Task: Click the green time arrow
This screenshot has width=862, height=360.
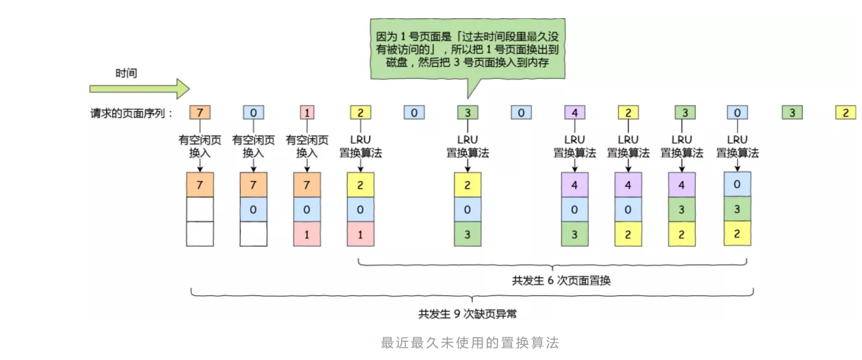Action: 139,89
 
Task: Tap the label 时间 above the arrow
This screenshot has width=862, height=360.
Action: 126,73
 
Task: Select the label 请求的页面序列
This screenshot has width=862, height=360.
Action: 131,113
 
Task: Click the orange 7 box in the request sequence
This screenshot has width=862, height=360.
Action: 200,113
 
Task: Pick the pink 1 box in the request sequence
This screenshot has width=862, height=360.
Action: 307,113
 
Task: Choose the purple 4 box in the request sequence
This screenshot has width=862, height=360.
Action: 575,113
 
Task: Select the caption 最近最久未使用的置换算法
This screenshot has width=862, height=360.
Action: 470,342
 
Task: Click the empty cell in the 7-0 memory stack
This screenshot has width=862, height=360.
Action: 253,234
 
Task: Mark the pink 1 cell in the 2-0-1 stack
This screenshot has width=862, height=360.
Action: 361,234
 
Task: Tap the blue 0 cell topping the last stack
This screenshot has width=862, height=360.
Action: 737,184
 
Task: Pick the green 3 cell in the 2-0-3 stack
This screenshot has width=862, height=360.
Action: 468,234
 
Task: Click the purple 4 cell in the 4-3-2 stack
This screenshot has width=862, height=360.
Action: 682,185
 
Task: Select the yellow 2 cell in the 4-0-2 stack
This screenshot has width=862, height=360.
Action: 628,234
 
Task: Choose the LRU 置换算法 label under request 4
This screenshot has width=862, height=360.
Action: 575,146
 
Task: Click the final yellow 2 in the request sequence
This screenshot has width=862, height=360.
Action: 845,113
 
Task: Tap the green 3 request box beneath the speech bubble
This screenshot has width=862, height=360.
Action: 468,113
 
